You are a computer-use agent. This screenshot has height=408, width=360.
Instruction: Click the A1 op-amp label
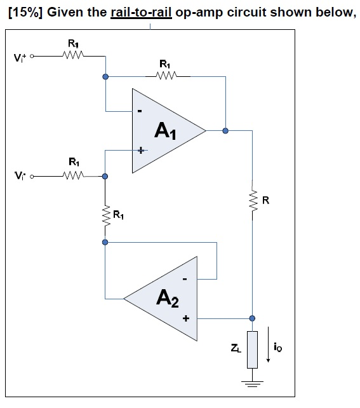(x=166, y=132)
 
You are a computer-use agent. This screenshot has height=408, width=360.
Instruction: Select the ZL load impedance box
(x=252, y=349)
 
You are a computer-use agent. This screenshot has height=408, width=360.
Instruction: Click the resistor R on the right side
(x=253, y=201)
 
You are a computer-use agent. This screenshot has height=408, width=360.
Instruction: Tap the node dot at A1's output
(x=225, y=131)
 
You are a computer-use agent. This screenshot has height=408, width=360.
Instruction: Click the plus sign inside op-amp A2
(x=186, y=318)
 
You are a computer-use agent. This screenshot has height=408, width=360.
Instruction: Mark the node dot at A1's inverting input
(x=105, y=78)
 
